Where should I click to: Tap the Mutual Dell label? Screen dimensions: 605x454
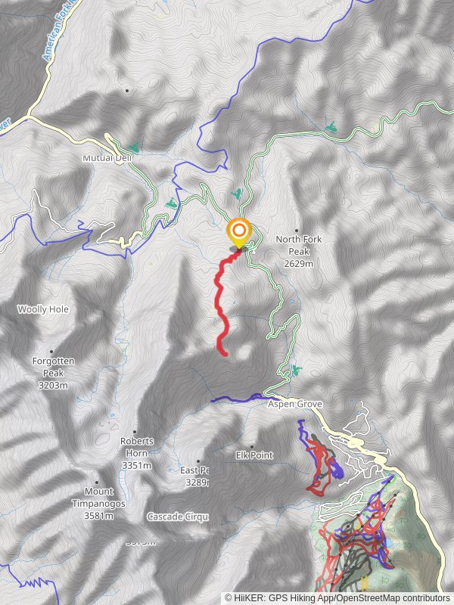point(103,159)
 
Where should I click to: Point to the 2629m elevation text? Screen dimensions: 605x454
point(298,263)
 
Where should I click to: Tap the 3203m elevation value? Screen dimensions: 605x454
point(51,385)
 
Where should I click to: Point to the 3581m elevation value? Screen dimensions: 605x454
point(98,516)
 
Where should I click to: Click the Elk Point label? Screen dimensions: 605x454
point(254,455)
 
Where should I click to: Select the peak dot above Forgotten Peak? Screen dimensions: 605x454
point(51,352)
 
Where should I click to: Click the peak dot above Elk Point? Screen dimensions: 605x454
point(252,445)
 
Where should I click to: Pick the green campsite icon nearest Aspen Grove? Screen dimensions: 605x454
point(294,371)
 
